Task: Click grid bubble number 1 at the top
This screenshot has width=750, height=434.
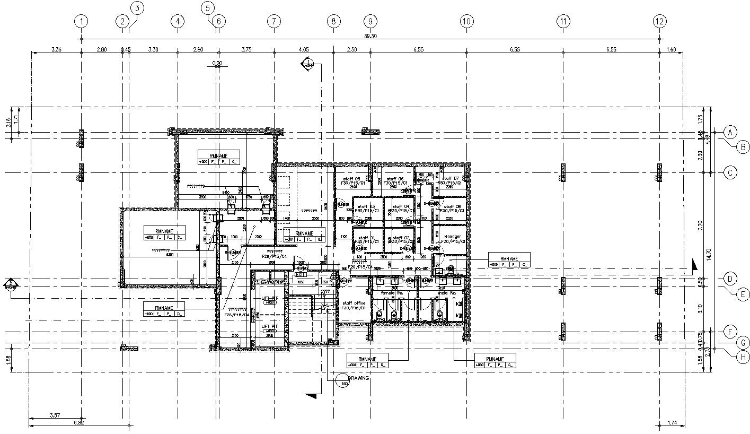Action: [x=81, y=21]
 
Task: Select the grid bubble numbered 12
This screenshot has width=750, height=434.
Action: [x=659, y=21]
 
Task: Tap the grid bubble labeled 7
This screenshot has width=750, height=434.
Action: [x=273, y=21]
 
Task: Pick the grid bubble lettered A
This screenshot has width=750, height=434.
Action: [x=730, y=132]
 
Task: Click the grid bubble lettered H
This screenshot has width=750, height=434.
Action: [x=744, y=357]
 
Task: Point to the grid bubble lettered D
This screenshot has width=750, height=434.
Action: [x=730, y=279]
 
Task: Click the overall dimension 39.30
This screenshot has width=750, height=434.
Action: [x=370, y=36]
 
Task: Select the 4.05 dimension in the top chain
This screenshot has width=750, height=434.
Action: [x=304, y=49]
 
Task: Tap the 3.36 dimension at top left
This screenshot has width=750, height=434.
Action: [x=56, y=49]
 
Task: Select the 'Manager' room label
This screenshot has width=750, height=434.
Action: [x=452, y=237]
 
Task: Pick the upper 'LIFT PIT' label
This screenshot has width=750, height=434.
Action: [x=269, y=298]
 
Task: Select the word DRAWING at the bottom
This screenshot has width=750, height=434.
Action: [x=358, y=378]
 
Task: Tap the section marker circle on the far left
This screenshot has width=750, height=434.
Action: [x=11, y=286]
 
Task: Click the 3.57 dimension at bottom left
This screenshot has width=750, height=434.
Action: [x=55, y=415]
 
